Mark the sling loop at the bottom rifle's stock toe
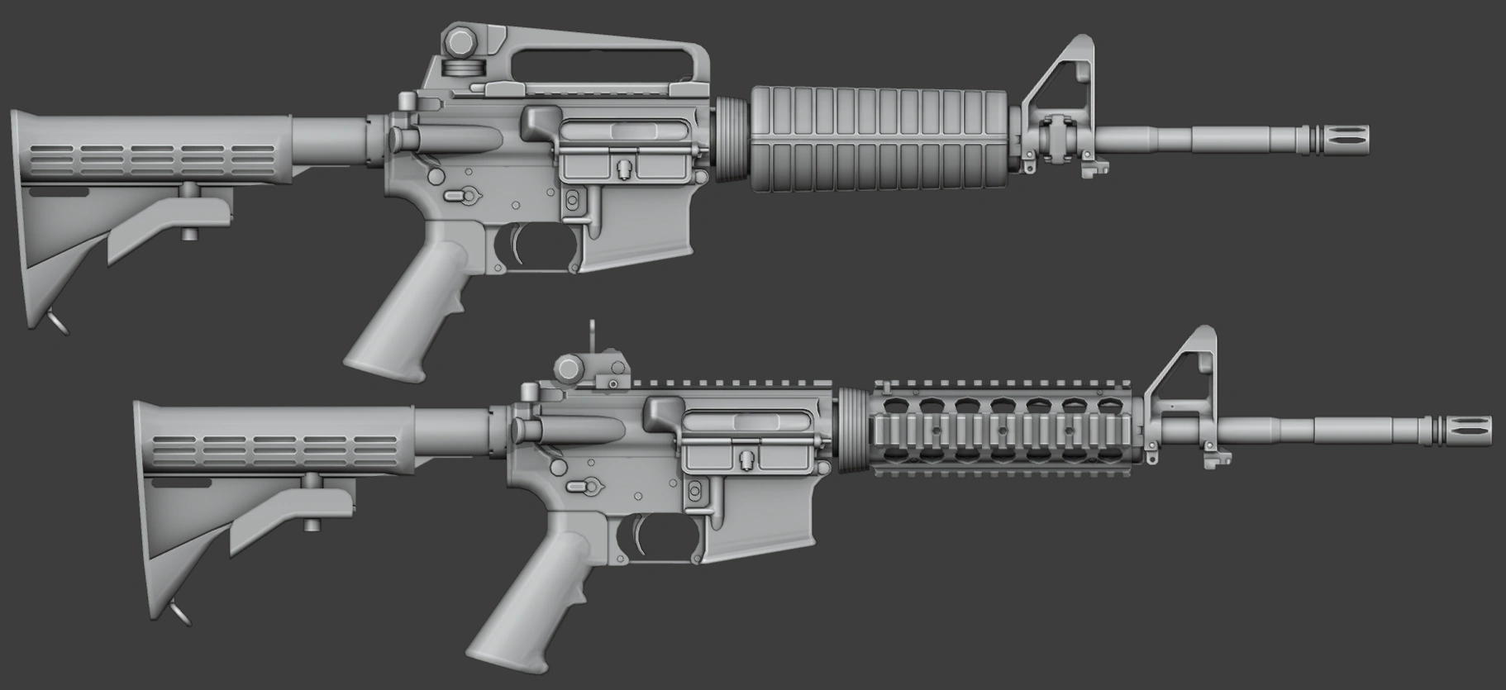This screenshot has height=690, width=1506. click(179, 612)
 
